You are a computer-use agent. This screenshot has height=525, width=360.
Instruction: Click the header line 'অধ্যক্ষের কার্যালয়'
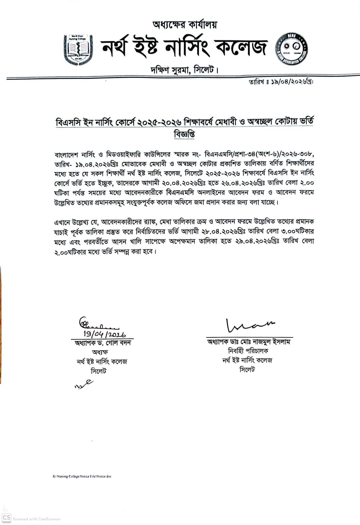tap(185, 25)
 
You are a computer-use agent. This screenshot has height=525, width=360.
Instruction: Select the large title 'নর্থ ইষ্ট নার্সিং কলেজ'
tap(184, 48)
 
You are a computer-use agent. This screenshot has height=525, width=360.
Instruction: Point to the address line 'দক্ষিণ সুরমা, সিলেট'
tap(184, 70)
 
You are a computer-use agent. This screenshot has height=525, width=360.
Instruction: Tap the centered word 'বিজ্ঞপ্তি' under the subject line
tap(184, 134)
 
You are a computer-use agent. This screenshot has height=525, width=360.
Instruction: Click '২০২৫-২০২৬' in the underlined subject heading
tap(160, 122)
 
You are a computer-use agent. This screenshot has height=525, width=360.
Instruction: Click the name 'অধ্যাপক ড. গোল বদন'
tap(103, 343)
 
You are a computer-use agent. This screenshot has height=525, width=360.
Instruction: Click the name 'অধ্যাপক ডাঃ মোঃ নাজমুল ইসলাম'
tap(249, 341)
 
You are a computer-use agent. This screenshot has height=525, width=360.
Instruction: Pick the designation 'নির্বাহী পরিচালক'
tap(248, 351)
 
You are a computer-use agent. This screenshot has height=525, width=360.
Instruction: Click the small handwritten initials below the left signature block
tap(84, 384)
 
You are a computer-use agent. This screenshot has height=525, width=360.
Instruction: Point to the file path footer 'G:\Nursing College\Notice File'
tap(82, 476)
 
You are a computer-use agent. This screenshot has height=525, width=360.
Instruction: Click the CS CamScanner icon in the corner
tap(6, 518)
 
